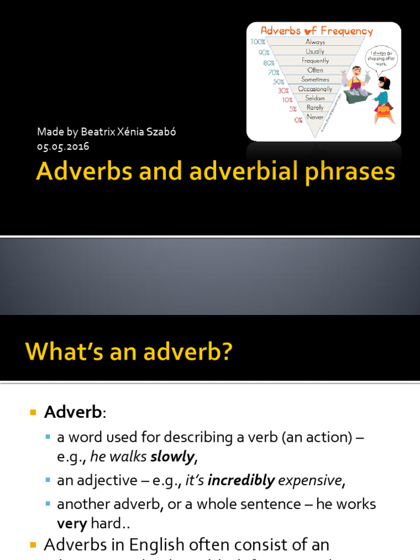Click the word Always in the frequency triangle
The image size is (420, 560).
pos(315,42)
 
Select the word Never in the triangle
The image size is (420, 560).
pos(314,117)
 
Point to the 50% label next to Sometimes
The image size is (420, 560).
pos(279,82)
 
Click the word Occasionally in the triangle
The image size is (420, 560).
pos(315,89)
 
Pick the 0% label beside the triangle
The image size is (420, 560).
pos(298,120)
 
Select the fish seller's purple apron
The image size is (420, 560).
pos(356,84)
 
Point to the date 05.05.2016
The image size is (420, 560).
pos(63,147)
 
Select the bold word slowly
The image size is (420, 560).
pos(172,457)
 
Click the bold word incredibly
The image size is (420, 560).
pos(241,481)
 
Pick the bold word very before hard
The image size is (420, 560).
pos(72,524)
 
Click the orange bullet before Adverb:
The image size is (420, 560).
pos(32,412)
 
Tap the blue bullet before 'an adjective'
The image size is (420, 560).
pos(48,481)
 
